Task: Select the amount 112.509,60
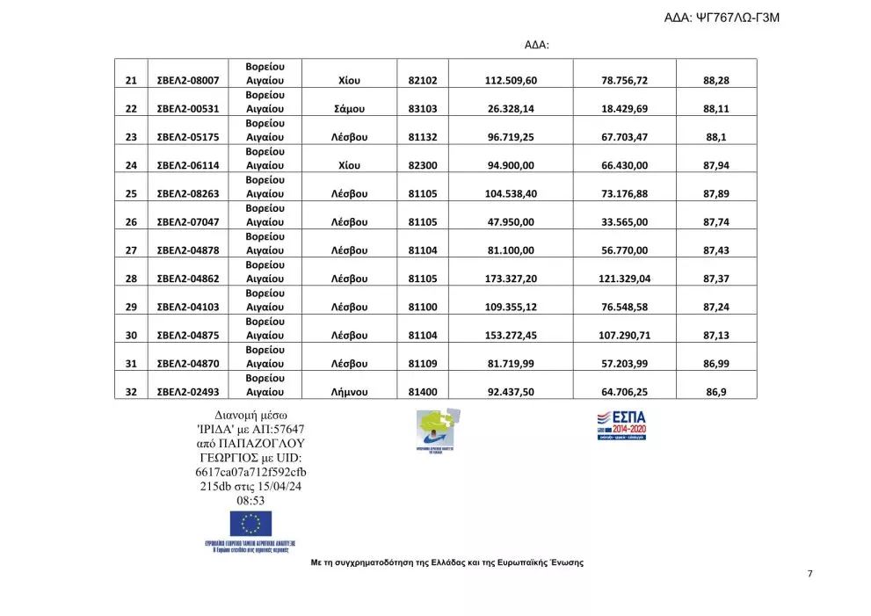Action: coord(511,81)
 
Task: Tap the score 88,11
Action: coord(717,109)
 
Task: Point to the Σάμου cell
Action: coord(351,109)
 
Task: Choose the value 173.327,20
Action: coord(511,279)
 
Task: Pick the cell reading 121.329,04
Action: coord(624,279)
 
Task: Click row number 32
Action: coord(131,392)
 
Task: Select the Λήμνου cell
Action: coord(349,392)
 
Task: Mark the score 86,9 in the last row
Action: coord(716,392)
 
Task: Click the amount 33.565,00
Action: coord(624,222)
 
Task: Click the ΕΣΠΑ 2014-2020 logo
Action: coord(621,424)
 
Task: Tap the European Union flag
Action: coord(250,524)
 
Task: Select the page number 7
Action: coord(809,574)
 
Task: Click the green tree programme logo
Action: coord(439,428)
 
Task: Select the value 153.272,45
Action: coord(511,335)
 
